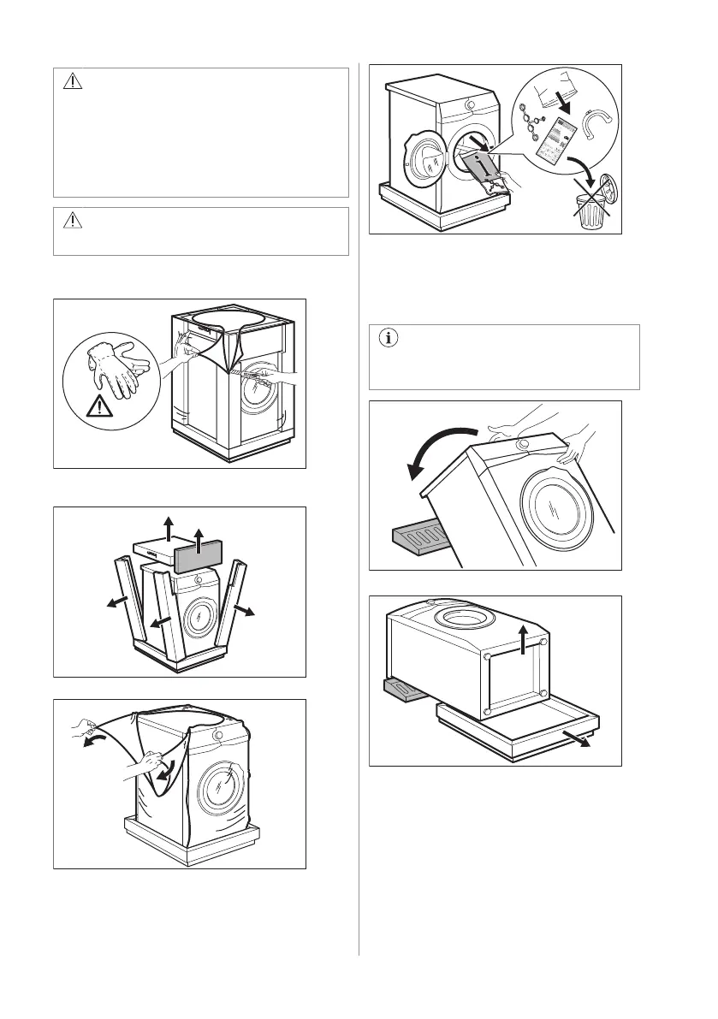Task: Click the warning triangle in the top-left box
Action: point(73,81)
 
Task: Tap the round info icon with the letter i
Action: point(388,339)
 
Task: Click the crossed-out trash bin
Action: point(589,210)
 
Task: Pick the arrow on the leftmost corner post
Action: point(112,604)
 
